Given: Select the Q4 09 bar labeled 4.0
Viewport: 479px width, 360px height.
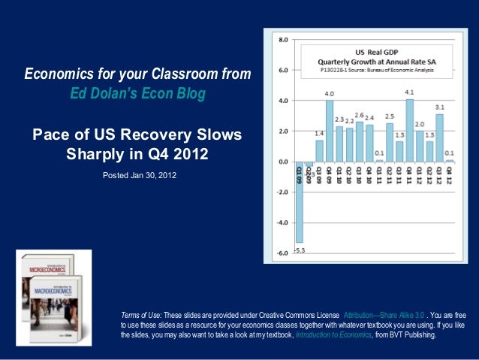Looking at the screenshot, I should coord(329,131).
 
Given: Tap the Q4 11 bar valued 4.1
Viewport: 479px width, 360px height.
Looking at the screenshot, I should coord(409,130).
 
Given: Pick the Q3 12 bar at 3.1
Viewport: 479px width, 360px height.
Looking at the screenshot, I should coord(439,138).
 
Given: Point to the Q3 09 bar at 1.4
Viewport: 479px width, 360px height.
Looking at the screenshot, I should coord(319,151).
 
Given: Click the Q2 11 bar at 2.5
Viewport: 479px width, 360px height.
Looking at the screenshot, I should coord(389,142).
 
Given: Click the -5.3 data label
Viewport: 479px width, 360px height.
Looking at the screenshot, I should coord(299,250).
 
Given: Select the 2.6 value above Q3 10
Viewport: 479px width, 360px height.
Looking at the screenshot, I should coord(359,115).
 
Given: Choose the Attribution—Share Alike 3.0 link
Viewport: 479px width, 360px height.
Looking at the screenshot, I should coord(384,314).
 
